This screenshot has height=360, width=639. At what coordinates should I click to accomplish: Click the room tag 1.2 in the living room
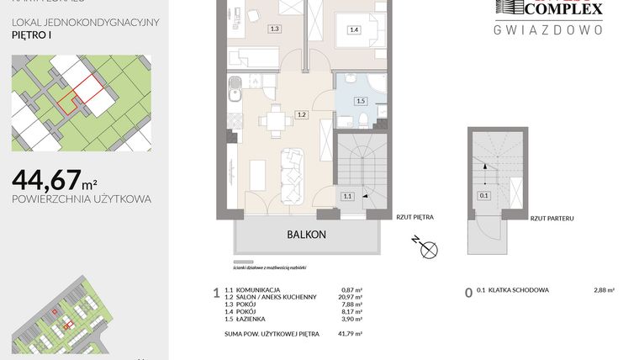click(301, 115)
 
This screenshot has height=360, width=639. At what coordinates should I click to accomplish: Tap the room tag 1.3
click(274, 29)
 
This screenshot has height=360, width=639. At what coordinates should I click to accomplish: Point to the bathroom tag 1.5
click(361, 101)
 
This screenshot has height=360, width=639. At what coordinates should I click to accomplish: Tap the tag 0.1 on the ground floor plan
click(483, 196)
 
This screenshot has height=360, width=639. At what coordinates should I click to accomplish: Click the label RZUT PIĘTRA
click(415, 217)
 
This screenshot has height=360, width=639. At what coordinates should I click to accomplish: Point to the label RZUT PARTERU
click(552, 218)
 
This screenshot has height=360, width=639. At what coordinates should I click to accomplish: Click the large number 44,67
click(46, 179)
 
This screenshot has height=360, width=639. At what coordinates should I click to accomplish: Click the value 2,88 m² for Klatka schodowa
click(603, 290)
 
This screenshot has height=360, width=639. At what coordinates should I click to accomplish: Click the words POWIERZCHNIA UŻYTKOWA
click(82, 199)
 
